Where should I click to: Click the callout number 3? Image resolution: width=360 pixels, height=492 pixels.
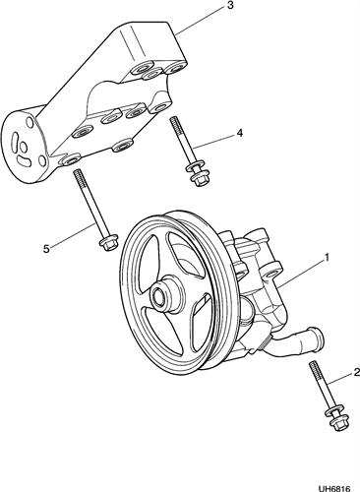tap(230, 6)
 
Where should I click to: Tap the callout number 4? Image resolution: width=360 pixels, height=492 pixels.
tap(240, 133)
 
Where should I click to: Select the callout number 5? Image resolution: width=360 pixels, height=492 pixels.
tap(46, 249)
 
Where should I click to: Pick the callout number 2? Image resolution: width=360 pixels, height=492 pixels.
tap(356, 372)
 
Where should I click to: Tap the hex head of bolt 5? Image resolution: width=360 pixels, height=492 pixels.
tap(106, 245)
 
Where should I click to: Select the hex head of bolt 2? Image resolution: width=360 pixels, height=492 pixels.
tap(337, 424)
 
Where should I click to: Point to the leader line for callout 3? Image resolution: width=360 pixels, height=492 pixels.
tap(201, 21)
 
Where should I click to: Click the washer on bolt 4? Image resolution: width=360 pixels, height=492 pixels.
tap(194, 167)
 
